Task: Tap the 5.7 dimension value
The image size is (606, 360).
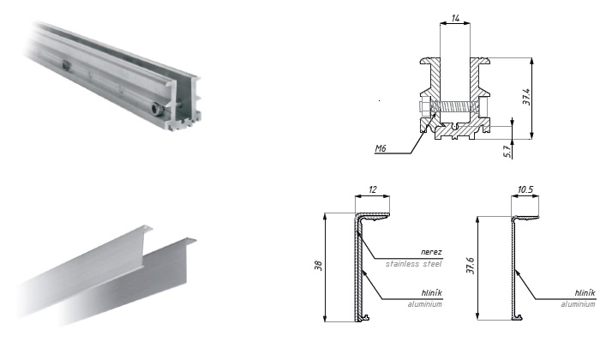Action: [507, 150]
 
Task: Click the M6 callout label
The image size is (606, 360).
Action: [381, 148]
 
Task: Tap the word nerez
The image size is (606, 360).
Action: [432, 253]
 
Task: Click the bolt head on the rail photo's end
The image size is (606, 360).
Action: [154, 109]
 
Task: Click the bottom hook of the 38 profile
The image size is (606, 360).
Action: [366, 318]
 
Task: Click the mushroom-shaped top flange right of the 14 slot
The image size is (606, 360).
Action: [482, 62]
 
